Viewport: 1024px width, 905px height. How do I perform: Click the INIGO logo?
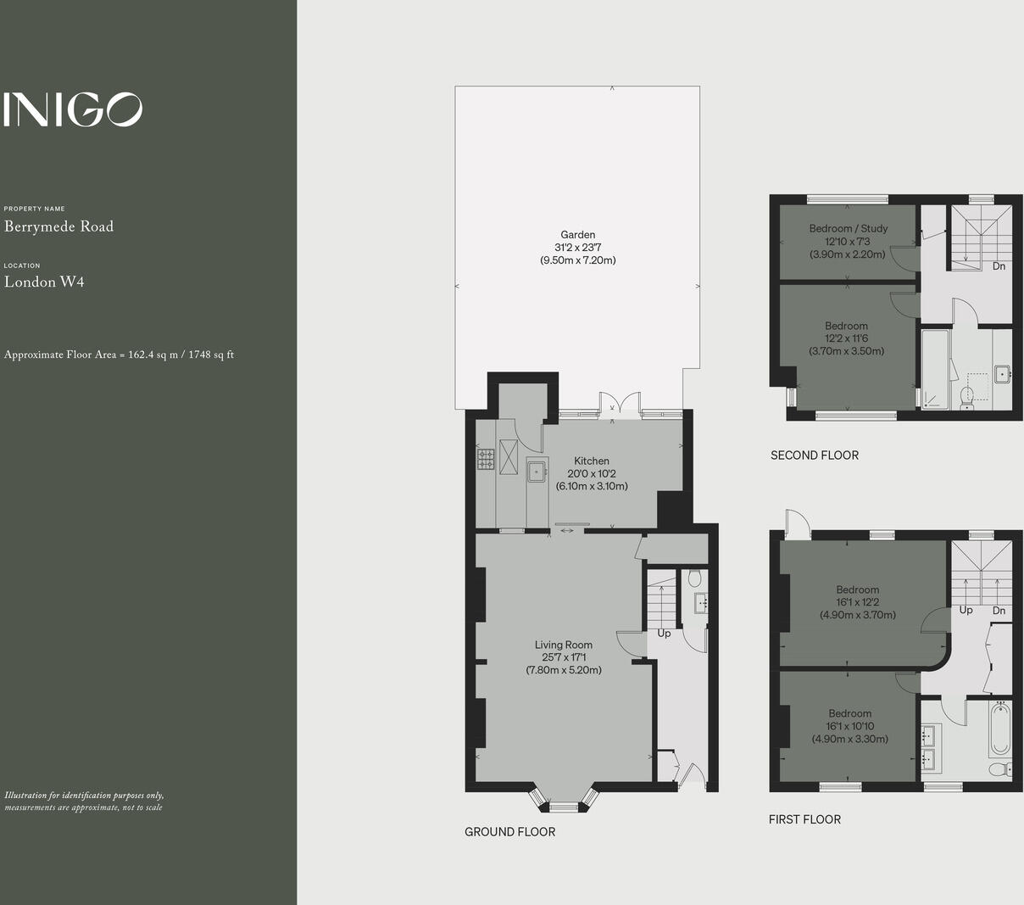[x=72, y=109]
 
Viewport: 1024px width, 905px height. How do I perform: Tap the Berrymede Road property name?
[x=58, y=226]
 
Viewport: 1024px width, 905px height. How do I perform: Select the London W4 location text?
[x=44, y=282]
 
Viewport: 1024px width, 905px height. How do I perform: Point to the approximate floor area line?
[x=119, y=355]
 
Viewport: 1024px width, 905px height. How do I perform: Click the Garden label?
[x=577, y=235]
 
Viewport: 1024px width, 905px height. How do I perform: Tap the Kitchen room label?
[x=591, y=461]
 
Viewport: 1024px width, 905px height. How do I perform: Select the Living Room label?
[x=563, y=645]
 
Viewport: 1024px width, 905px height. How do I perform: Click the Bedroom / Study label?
[x=848, y=228]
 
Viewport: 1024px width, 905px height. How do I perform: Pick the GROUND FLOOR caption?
[x=509, y=832]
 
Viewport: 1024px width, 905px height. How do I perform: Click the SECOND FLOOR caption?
[x=814, y=455]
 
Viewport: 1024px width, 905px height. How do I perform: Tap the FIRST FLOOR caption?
[x=804, y=819]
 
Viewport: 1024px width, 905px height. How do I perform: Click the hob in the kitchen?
[x=487, y=459]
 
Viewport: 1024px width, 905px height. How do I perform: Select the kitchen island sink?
[x=537, y=469]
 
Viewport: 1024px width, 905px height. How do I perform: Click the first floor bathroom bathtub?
[x=1000, y=729]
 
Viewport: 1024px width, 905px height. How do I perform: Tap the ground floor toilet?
[x=694, y=579]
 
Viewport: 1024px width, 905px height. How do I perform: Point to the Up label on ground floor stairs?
[x=664, y=634]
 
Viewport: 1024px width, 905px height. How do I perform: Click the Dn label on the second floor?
[x=999, y=266]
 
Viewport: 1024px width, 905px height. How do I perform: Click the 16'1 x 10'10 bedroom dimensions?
[x=849, y=726]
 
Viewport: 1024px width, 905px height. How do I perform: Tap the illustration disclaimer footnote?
[x=84, y=802]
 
